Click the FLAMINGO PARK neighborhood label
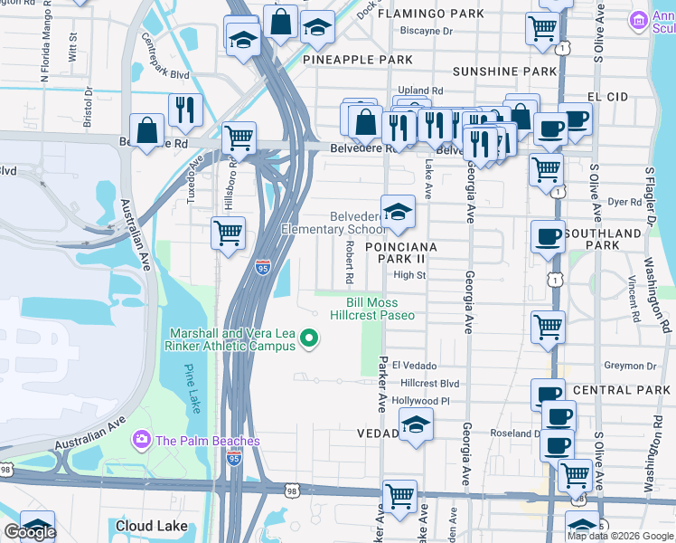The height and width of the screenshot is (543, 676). (430, 14)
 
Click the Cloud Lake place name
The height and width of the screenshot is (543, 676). (152, 526)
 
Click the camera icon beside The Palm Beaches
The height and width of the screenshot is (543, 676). (140, 441)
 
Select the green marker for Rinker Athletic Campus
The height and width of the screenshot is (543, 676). (309, 339)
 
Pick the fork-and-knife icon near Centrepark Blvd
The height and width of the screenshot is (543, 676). (185, 110)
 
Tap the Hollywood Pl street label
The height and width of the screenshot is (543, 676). (421, 400)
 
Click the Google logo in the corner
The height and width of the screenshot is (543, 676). (30, 532)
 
